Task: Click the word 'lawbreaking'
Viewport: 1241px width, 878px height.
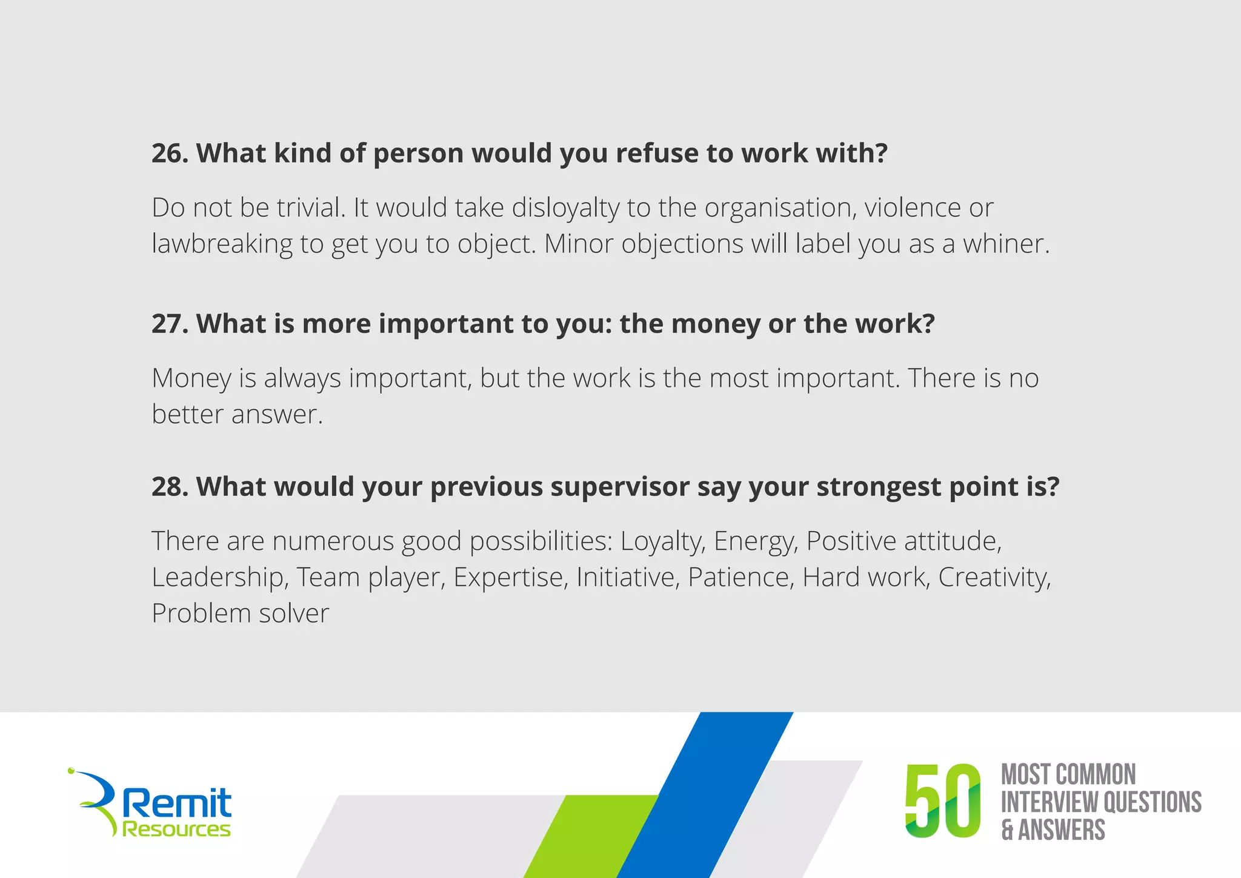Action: (x=222, y=244)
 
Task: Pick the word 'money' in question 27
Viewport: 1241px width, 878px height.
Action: (x=715, y=324)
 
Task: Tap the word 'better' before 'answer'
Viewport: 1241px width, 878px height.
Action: (x=187, y=414)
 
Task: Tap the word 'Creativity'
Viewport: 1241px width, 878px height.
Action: (x=993, y=577)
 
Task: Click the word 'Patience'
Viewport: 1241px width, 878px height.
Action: (x=740, y=577)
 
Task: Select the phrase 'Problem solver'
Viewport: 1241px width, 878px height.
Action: (x=240, y=613)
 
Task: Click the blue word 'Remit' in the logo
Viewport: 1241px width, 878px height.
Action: (x=177, y=803)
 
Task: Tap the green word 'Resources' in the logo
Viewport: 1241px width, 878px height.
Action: (x=176, y=829)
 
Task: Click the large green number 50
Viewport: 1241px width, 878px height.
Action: (x=942, y=801)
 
